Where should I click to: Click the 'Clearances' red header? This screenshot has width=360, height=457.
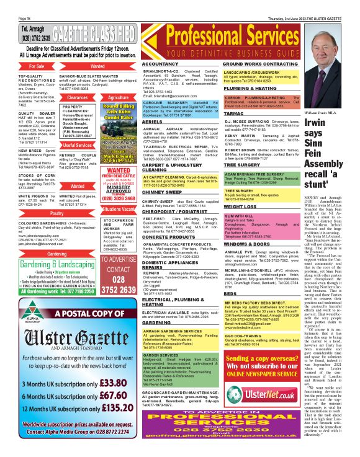tap(78, 97)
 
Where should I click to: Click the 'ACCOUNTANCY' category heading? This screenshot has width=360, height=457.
tap(160, 64)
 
